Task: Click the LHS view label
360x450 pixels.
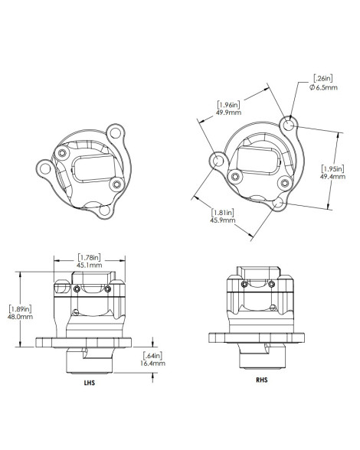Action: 89,383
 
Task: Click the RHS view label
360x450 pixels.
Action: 262,380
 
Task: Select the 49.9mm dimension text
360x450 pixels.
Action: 229,112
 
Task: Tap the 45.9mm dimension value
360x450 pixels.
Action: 223,220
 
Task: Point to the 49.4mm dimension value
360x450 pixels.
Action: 332,177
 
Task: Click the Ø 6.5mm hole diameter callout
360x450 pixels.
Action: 323,87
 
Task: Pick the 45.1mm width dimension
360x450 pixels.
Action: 90,265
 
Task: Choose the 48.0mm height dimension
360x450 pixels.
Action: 20,317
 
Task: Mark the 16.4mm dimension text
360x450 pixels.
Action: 153,364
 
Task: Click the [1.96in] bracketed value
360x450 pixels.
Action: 228,104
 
